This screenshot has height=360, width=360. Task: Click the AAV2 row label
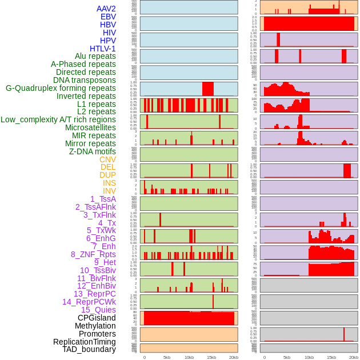pos(106,9)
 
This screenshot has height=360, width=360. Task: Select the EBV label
pos(108,17)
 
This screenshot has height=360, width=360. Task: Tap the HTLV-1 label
pos(103,49)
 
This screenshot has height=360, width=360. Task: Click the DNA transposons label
pos(85,80)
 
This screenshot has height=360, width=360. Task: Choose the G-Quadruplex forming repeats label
pos(61,88)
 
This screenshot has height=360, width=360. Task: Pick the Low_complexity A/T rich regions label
pos(58,119)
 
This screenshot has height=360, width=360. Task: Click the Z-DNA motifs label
pos(93,151)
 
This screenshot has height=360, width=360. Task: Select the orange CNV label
pos(107,159)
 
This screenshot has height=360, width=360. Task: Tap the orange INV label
pos(109,191)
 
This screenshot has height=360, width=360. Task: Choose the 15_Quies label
pos(98,310)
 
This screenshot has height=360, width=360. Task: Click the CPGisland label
pos(97,318)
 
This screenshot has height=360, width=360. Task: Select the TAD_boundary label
pos(89,349)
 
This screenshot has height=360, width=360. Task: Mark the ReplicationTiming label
pos(85,342)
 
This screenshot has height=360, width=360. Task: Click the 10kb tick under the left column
pos(189,357)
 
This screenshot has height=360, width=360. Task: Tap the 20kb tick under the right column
pos(354,357)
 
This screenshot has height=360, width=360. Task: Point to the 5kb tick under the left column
pos(167,357)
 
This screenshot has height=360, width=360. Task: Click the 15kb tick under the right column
pos(331,357)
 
